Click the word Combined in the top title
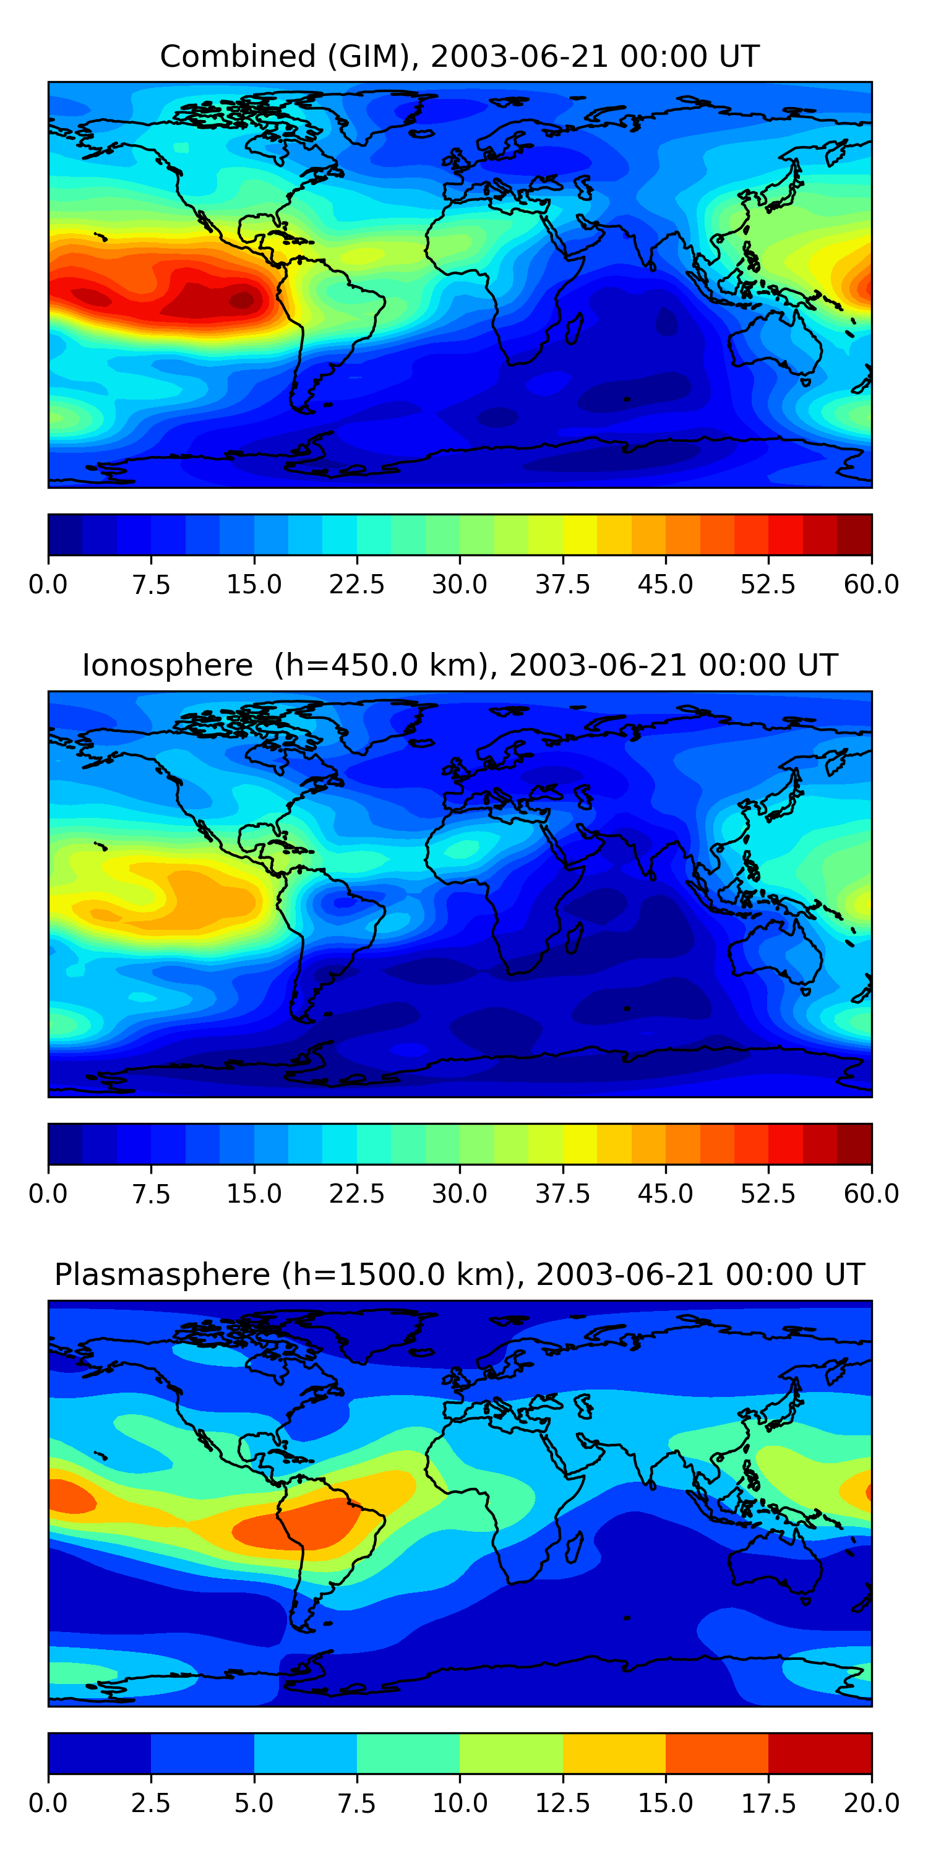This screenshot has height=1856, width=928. [238, 56]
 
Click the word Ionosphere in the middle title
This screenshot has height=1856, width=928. [167, 665]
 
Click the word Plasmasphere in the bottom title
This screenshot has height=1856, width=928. [162, 1274]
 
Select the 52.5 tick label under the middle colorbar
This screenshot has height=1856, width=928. [768, 1194]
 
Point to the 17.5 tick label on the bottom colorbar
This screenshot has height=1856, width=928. [768, 1803]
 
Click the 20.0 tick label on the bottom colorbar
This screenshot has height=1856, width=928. [871, 1803]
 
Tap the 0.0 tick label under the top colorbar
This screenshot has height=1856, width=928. [48, 584]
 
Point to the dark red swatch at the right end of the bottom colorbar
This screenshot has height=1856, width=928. [820, 1753]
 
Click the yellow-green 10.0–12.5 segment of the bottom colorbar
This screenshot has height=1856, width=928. [511, 1753]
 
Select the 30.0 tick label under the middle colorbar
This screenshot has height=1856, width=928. [460, 1194]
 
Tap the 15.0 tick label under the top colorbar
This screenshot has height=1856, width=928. [254, 584]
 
